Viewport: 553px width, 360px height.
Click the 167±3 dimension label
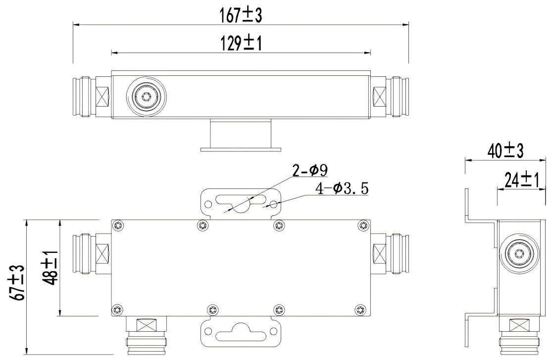[x=241, y=16]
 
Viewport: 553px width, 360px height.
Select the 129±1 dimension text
[x=241, y=44]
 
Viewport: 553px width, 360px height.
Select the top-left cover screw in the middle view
[x=117, y=226]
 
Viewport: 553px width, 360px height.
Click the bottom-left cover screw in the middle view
[x=117, y=310]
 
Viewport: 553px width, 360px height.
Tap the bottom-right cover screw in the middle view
[x=359, y=310]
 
